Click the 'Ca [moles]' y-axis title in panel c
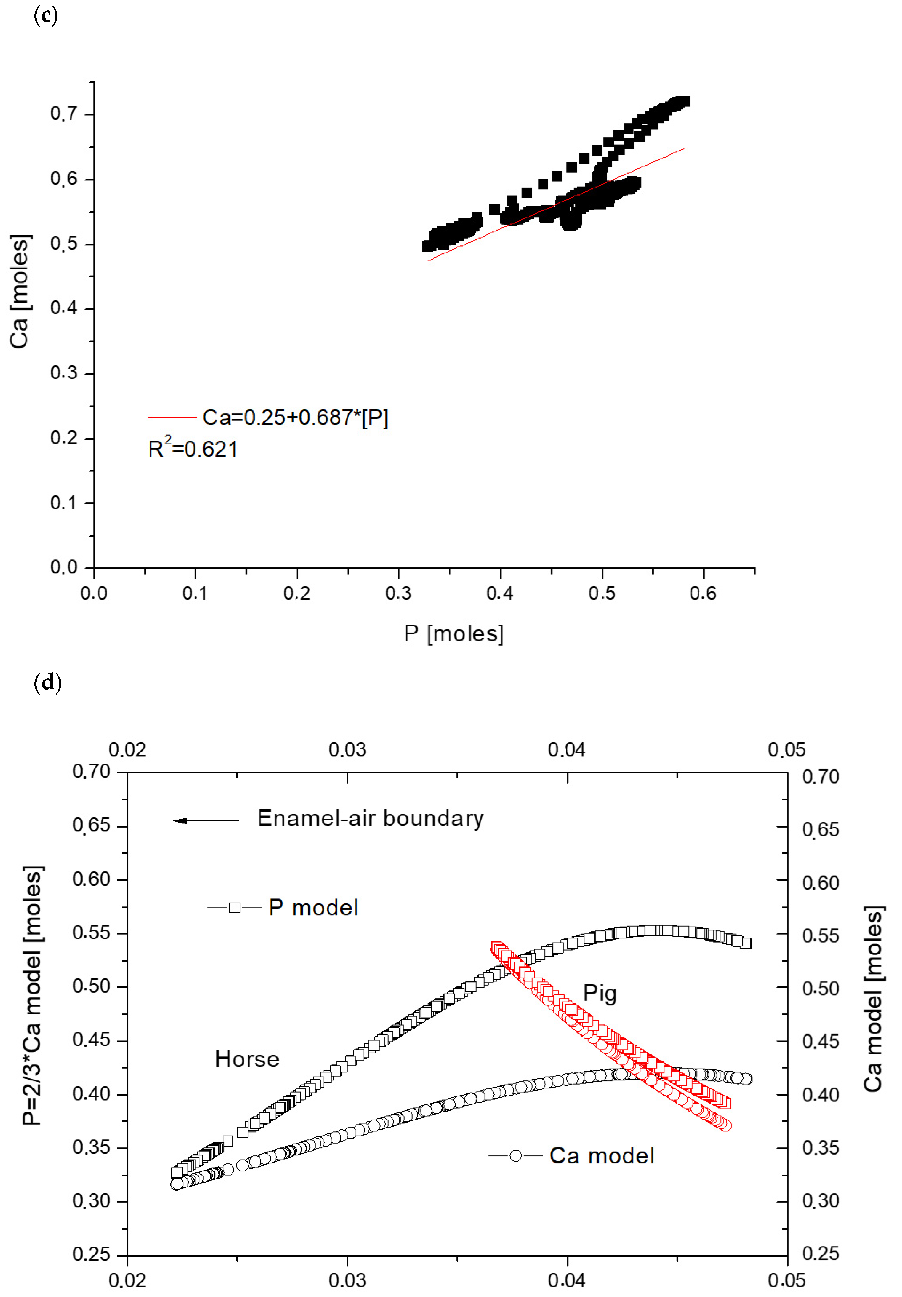[x=20, y=291]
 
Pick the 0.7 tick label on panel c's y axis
[x=63, y=114]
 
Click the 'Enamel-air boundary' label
[x=370, y=818]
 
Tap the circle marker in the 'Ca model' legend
[x=515, y=1156]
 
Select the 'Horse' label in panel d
[x=247, y=1059]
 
